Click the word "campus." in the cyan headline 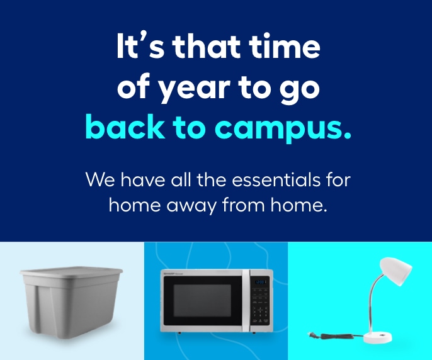283,128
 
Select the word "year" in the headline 195,88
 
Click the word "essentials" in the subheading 276,180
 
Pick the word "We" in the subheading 100,180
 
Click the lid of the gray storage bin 71,272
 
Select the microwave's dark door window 202,300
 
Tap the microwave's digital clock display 260,282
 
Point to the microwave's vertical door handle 246,300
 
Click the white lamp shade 395,271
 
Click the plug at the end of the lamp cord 313,335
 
